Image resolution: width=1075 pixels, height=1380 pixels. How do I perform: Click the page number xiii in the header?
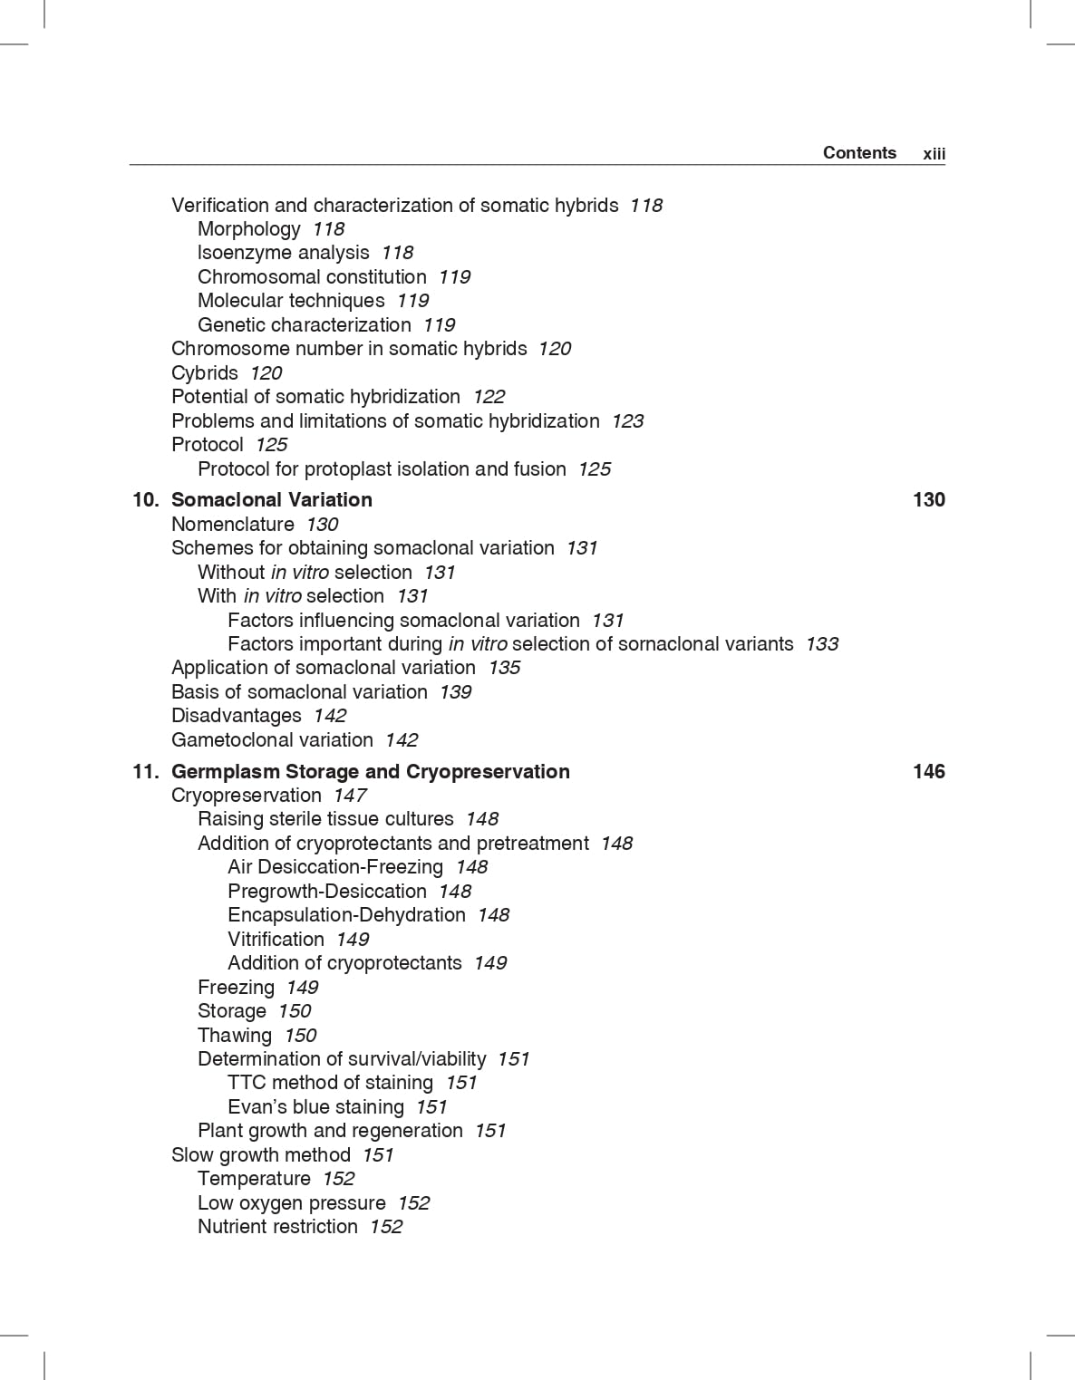pos(934,154)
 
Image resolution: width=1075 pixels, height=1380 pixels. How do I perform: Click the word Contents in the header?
pos(859,152)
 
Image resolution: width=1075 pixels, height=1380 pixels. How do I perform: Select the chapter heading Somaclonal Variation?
pos(271,499)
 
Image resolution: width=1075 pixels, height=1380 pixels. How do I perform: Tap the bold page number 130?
pos(928,499)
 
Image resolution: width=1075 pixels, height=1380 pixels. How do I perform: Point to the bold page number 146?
pos(928,771)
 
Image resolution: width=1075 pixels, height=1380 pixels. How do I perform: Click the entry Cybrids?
pos(205,372)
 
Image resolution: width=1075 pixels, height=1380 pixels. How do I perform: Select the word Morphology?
pos(248,229)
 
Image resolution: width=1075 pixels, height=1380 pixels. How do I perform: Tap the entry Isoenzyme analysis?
pos(283,253)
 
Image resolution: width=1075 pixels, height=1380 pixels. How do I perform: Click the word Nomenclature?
pos(233,524)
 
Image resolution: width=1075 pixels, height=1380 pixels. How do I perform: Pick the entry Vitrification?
pos(276,939)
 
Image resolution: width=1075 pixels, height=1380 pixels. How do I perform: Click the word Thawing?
pos(235,1035)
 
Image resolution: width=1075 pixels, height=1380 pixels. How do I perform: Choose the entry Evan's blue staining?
pos(315,1106)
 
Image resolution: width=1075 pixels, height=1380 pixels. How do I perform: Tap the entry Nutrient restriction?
pos(277,1226)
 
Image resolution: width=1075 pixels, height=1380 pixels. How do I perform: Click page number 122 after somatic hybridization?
pos(489,397)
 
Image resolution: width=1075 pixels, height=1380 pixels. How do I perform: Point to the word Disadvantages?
pos(236,716)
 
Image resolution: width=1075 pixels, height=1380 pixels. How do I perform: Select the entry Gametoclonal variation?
pos(272,739)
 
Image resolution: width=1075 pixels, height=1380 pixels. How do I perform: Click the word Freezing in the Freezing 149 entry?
pos(236,987)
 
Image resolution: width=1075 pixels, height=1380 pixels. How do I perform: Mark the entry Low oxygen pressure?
pos(291,1202)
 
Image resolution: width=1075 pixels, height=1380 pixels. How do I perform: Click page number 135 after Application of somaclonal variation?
pos(504,668)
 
